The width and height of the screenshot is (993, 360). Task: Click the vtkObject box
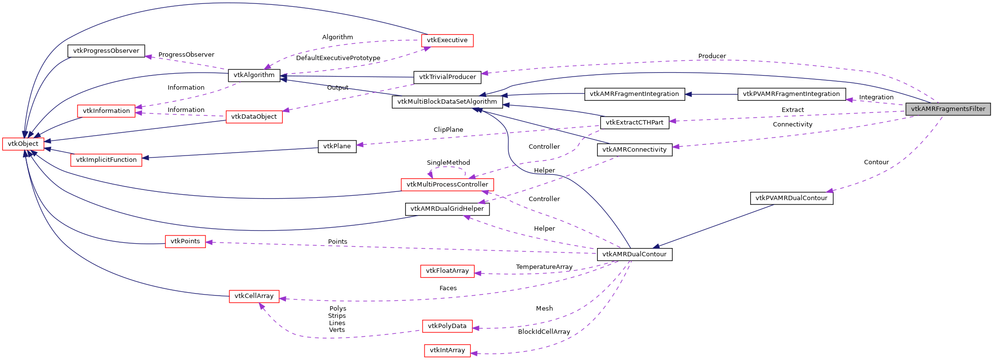pyautogui.click(x=23, y=144)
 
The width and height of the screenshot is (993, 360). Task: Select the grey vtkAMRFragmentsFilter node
pyautogui.click(x=947, y=109)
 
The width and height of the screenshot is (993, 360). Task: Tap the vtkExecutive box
pyautogui.click(x=447, y=40)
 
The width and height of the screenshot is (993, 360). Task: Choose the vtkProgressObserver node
pyautogui.click(x=106, y=51)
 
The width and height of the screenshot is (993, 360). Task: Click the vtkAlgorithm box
pyautogui.click(x=254, y=75)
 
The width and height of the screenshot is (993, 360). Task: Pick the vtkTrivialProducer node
pyautogui.click(x=447, y=77)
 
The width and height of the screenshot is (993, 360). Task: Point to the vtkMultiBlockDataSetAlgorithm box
pyautogui.click(x=447, y=102)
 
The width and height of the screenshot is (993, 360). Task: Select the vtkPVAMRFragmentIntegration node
pyautogui.click(x=791, y=94)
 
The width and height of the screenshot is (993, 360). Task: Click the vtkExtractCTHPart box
pyautogui.click(x=634, y=123)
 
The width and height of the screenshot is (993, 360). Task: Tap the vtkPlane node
pyautogui.click(x=337, y=146)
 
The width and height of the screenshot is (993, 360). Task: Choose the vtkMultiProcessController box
pyautogui.click(x=447, y=185)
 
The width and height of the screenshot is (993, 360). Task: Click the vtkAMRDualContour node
pyautogui.click(x=634, y=254)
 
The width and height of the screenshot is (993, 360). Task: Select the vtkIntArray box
pyautogui.click(x=447, y=350)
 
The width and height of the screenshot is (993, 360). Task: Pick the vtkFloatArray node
pyautogui.click(x=447, y=271)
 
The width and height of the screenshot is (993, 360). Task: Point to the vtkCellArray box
pyautogui.click(x=254, y=296)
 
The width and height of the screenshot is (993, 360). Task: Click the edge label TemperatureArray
pyautogui.click(x=544, y=267)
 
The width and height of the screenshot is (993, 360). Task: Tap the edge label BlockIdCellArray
pyautogui.click(x=544, y=332)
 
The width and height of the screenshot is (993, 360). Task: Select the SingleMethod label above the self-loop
pyautogui.click(x=448, y=163)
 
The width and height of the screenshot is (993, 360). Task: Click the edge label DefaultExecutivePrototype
pyautogui.click(x=338, y=58)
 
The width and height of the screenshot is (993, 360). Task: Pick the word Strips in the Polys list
pyautogui.click(x=337, y=316)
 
